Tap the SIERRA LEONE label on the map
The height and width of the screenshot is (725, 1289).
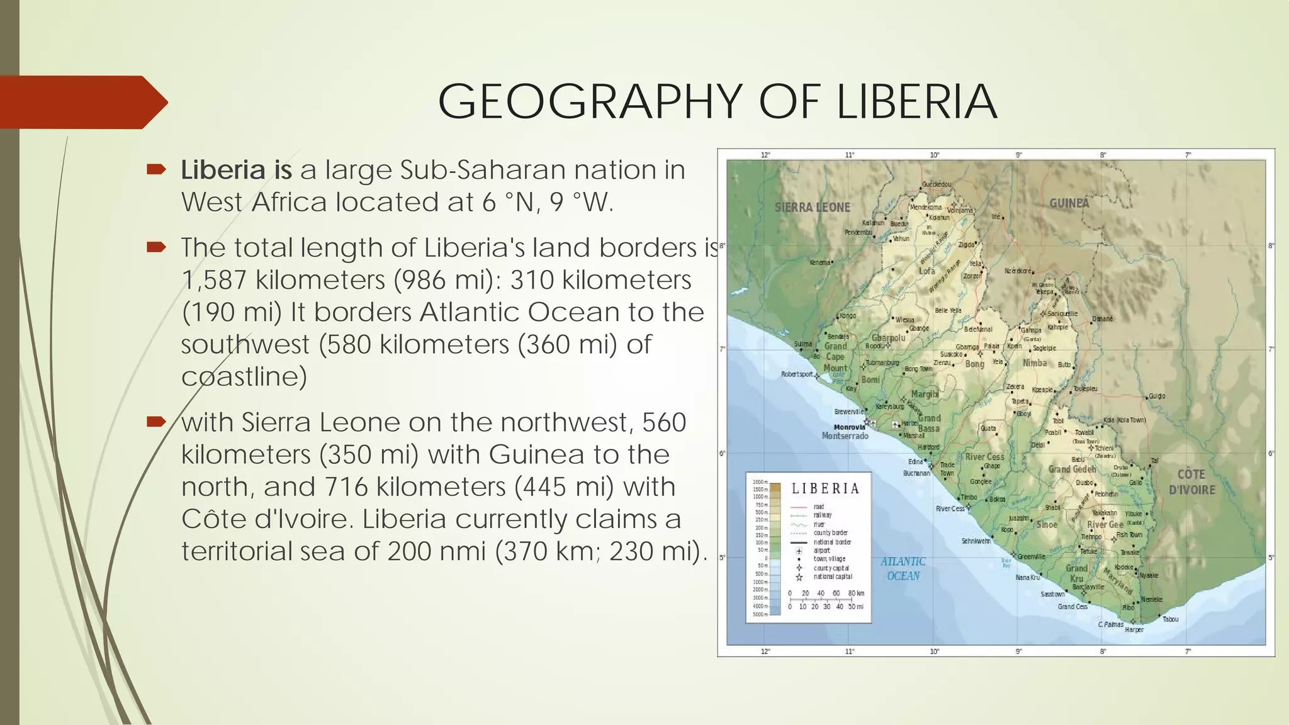[x=812, y=207]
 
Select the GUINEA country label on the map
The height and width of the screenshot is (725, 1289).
[x=1069, y=203]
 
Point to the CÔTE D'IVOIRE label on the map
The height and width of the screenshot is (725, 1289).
[x=1191, y=482]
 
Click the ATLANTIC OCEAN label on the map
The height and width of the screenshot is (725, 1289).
[x=903, y=568]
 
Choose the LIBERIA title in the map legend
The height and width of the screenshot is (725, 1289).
[x=825, y=489]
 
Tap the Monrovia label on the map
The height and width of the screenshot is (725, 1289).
[x=849, y=427]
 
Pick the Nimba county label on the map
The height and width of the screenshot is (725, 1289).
[x=1035, y=363]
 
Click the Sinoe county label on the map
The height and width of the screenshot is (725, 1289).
[x=1047, y=524]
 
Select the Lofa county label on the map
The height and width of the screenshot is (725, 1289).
[x=926, y=271]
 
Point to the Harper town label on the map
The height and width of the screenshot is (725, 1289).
[x=1134, y=629]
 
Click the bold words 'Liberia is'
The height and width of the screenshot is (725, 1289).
[x=237, y=170]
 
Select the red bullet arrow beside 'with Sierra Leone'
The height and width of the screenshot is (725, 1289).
[x=156, y=422]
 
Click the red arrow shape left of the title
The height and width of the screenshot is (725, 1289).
[x=82, y=102]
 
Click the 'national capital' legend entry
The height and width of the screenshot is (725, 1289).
[x=832, y=576]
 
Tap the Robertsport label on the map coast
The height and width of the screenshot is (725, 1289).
[x=797, y=374]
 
